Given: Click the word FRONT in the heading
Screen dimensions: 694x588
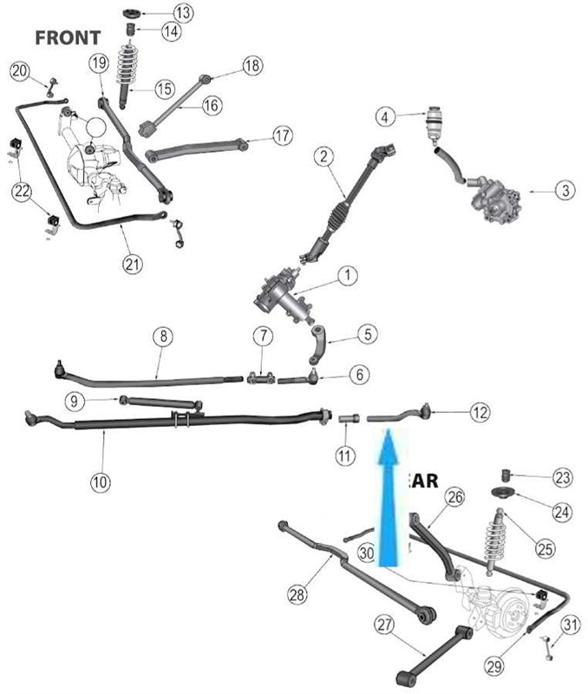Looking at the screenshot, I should [68, 37].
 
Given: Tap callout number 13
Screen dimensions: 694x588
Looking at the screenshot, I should [183, 13].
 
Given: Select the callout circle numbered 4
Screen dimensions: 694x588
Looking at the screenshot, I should [385, 115].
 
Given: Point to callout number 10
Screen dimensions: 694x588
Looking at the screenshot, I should [101, 479].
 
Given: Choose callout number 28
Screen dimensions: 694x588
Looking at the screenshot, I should [297, 593].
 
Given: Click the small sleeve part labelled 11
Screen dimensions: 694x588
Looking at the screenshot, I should [348, 419].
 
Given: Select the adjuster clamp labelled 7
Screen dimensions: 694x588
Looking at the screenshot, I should [262, 377].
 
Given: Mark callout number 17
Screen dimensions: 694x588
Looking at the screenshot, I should [283, 136].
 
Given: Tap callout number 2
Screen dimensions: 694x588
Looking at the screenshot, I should [323, 157].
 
